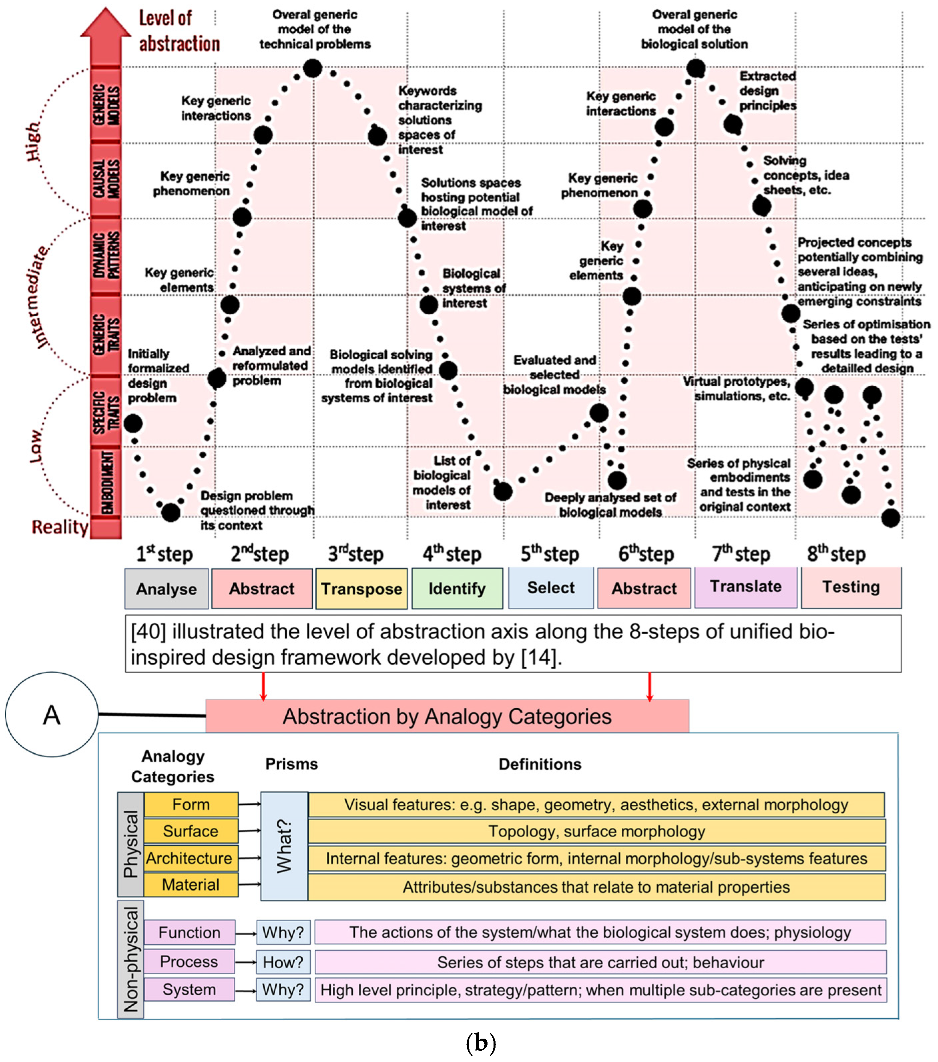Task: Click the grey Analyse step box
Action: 166,589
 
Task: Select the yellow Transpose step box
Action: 361,589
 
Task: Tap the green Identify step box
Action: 457,589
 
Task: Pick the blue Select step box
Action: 551,588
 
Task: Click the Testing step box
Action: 851,587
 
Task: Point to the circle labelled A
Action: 51,715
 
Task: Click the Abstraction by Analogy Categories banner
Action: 447,716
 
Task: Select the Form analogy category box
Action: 191,805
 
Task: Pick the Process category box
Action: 189,962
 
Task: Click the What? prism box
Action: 284,845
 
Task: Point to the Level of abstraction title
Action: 179,31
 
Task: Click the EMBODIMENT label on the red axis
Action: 106,482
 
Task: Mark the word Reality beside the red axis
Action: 60,527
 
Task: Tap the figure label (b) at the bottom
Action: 481,1043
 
